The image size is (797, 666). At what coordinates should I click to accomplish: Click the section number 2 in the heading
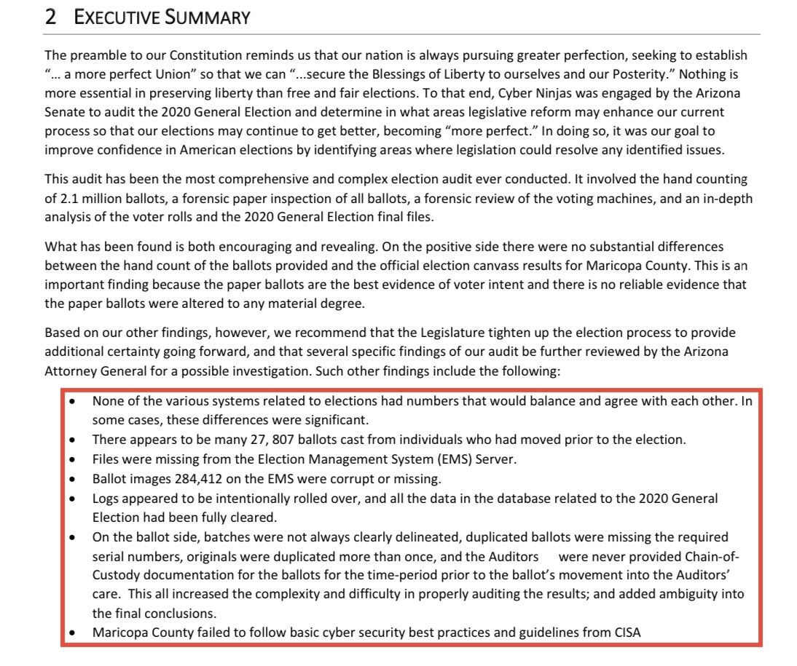coord(50,18)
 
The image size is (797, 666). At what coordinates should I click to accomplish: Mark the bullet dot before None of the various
coord(71,401)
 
